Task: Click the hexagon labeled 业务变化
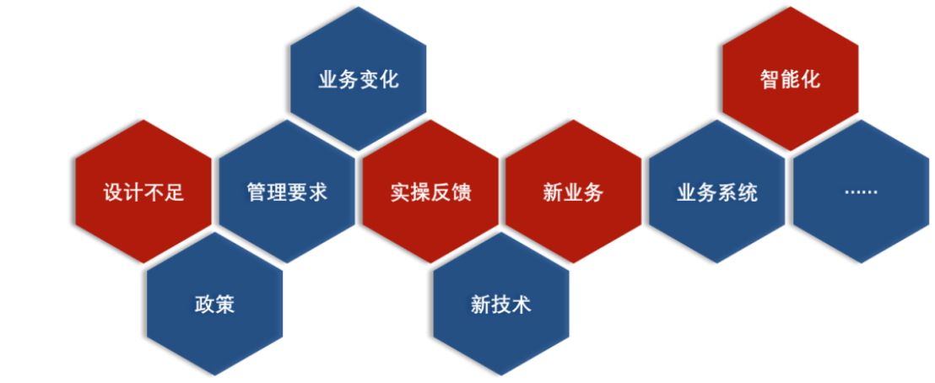click(x=359, y=79)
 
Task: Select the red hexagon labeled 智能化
click(x=791, y=79)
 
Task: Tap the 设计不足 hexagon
click(x=143, y=191)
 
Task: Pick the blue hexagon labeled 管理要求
click(x=287, y=191)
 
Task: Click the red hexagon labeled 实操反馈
click(x=430, y=191)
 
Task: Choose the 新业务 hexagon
click(x=574, y=191)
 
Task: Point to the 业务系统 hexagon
click(x=717, y=191)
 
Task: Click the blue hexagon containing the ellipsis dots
click(x=862, y=191)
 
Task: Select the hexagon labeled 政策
click(x=215, y=304)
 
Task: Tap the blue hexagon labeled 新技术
click(x=501, y=304)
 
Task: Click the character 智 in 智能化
click(x=770, y=80)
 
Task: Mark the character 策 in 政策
click(x=225, y=305)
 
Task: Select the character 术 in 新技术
click(x=522, y=305)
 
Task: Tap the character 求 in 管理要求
click(x=317, y=192)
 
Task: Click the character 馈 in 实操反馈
click(x=461, y=192)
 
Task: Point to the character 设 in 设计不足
click(x=113, y=192)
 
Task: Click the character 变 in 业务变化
click(x=369, y=80)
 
